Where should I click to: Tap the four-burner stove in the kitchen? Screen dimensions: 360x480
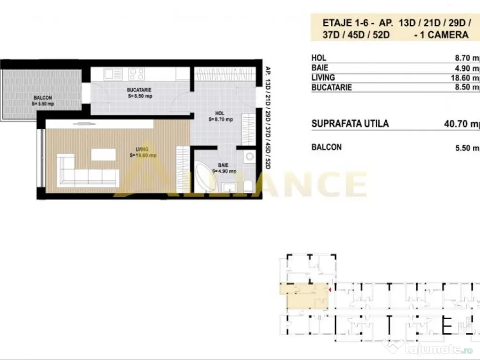click(x=136, y=74)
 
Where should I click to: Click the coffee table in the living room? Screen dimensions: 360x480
click(x=103, y=155)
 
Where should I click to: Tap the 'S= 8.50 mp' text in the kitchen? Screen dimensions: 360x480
click(x=140, y=96)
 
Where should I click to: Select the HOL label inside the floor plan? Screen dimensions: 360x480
click(x=220, y=113)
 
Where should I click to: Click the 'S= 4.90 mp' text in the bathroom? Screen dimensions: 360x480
click(x=225, y=171)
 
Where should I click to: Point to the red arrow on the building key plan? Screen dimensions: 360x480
click(x=330, y=291)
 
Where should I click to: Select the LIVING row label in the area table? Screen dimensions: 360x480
click(x=323, y=78)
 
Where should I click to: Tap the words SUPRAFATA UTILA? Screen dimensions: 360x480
click(x=350, y=124)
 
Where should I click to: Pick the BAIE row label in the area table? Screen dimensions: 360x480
click(x=320, y=68)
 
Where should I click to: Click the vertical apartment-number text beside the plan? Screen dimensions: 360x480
click(x=268, y=117)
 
